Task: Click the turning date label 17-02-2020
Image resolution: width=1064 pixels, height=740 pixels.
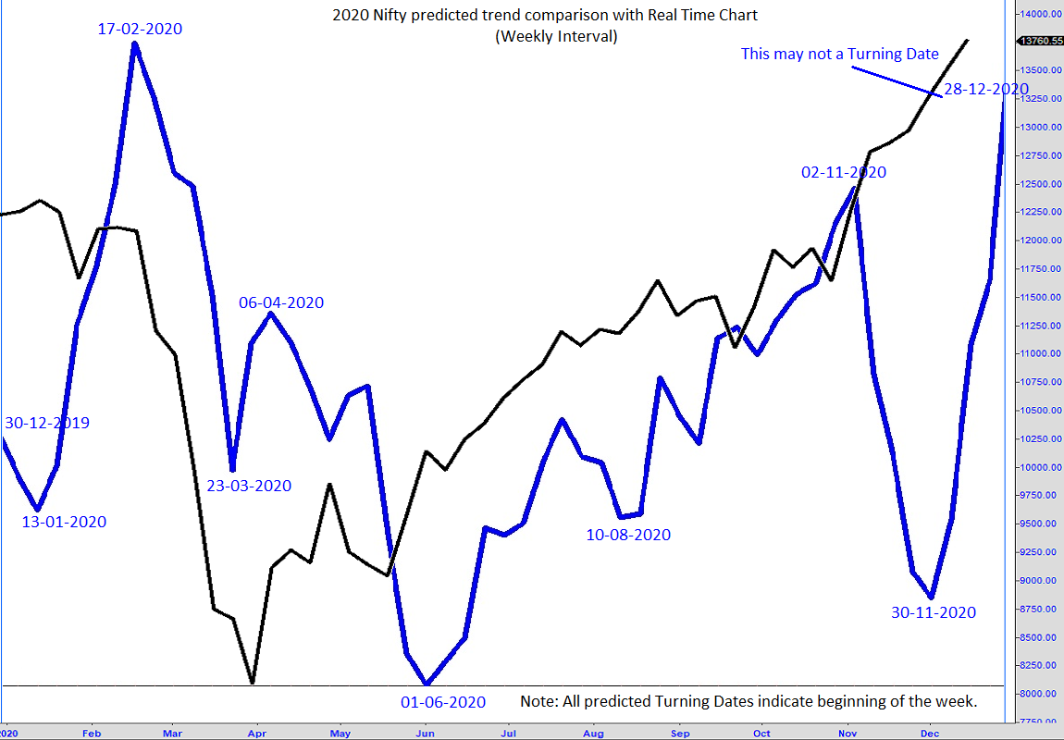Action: point(140,29)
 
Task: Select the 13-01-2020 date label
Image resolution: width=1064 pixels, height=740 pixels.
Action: point(64,522)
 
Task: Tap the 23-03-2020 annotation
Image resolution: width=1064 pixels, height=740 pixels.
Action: point(249,486)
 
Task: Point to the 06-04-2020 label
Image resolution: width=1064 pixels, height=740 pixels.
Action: point(281,302)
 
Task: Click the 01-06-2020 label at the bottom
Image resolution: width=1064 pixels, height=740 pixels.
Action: point(442,702)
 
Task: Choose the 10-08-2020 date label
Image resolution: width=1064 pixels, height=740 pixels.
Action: point(628,535)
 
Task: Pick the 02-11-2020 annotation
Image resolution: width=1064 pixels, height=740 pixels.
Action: point(844,172)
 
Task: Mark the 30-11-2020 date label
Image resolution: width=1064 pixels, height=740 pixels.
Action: point(934,612)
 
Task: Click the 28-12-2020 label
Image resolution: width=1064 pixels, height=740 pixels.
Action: point(986,89)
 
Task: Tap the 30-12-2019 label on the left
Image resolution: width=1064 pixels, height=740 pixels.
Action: point(47,423)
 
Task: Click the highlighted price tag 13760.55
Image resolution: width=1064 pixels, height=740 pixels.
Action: point(1040,41)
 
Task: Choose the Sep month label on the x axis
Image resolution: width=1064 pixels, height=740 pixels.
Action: point(679,734)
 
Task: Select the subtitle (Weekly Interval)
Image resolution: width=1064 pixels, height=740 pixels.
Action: point(556,37)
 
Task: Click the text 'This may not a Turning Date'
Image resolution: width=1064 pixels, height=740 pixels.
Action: point(839,55)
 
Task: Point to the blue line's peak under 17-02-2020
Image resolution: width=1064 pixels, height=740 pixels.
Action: point(135,43)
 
